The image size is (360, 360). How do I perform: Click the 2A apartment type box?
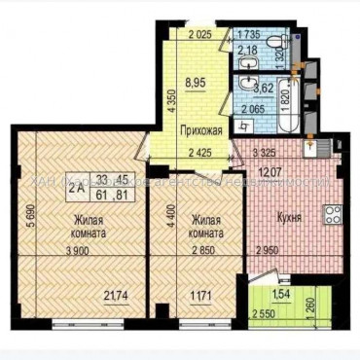[75, 190]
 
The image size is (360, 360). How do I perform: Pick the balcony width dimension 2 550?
[261, 315]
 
